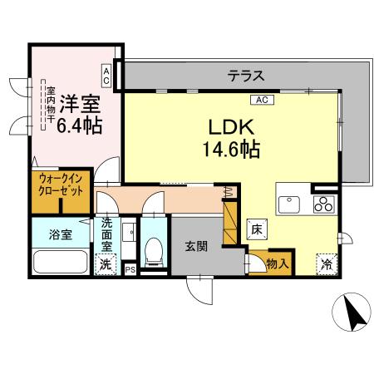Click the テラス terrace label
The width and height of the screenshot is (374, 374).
[x=246, y=76]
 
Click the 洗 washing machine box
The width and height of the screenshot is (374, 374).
[x=106, y=265]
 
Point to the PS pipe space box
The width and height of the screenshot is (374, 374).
[x=130, y=269]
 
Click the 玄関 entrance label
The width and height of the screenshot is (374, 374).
[x=197, y=246]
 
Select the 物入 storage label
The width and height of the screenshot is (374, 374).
[x=278, y=264]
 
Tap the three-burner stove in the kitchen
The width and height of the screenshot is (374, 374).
[x=324, y=204]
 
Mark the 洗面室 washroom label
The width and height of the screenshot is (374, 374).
[x=107, y=234]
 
